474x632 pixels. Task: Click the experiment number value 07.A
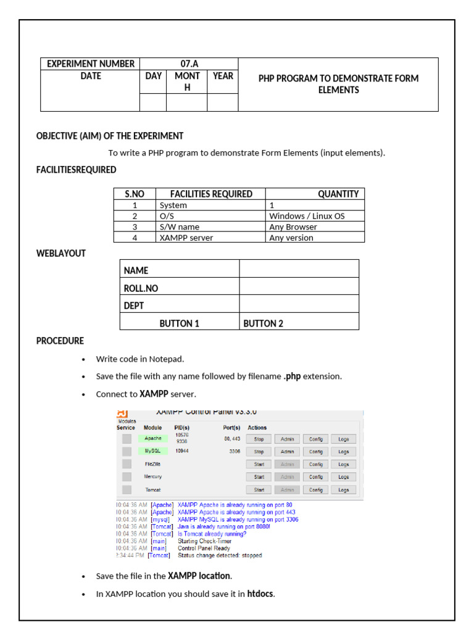(189, 64)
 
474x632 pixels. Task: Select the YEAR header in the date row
(223, 76)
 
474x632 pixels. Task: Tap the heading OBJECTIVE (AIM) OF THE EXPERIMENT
(110, 136)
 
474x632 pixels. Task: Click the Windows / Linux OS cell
(307, 216)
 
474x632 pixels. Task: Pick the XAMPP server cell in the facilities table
(184, 238)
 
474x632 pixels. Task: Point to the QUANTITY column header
(338, 194)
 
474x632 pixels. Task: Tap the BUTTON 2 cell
(264, 323)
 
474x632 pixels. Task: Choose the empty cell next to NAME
(299, 269)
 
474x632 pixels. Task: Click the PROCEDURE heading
(60, 341)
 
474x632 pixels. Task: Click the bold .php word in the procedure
(292, 376)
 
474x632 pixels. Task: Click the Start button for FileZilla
(259, 464)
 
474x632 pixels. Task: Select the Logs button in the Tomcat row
(344, 490)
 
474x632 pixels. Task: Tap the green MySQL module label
(152, 451)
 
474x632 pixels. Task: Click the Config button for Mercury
(315, 477)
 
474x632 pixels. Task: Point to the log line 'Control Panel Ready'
(204, 548)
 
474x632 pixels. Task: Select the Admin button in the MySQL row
(287, 452)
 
